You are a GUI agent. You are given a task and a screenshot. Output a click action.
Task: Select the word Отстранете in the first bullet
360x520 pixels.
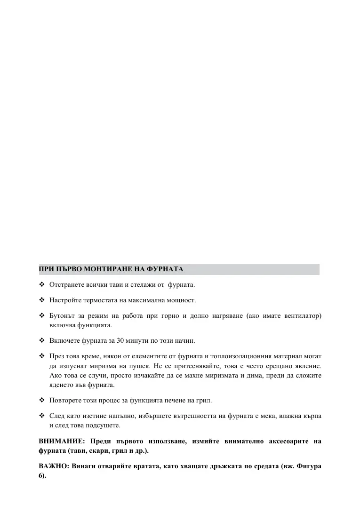pos(65,285)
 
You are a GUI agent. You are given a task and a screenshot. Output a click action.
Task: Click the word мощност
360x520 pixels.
pos(180,300)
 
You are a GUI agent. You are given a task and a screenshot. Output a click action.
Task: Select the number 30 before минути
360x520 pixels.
pos(120,340)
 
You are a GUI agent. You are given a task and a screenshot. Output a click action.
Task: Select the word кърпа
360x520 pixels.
pos(312,416)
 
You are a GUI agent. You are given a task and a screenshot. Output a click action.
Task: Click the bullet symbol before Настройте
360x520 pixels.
pos(41,300)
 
